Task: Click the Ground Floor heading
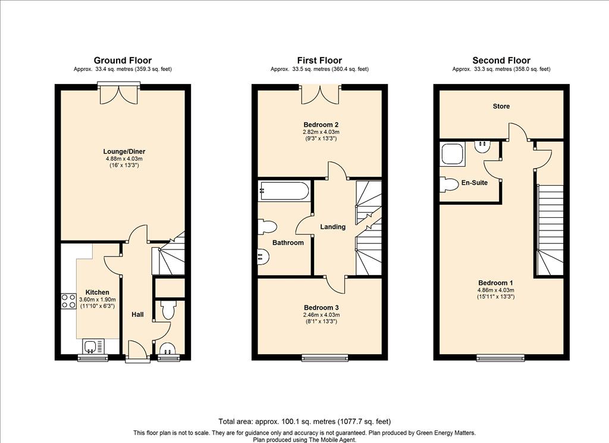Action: (x=123, y=60)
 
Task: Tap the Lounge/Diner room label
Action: (x=124, y=152)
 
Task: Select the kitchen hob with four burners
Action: (x=68, y=301)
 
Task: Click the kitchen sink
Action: (x=93, y=346)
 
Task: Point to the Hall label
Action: (x=137, y=314)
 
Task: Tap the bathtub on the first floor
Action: (x=285, y=191)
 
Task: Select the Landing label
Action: (x=333, y=227)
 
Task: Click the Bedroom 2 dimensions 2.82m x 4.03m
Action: (x=321, y=132)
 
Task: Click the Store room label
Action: (x=501, y=106)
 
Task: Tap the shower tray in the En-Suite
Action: (x=453, y=154)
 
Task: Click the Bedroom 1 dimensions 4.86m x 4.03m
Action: (x=495, y=290)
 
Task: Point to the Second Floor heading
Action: (x=501, y=60)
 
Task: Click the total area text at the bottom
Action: (x=304, y=421)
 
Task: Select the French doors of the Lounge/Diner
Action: (x=119, y=93)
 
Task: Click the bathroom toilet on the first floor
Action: (x=268, y=227)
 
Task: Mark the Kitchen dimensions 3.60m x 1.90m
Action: (x=97, y=300)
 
